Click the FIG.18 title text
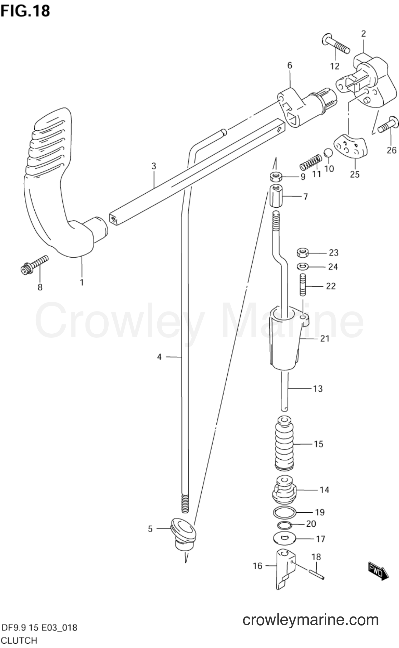[x=25, y=11]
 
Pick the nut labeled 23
[x=303, y=252]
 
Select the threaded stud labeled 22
[x=303, y=284]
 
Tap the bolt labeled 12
[x=335, y=44]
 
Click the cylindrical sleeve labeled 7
[x=276, y=196]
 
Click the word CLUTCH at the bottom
[x=19, y=640]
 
